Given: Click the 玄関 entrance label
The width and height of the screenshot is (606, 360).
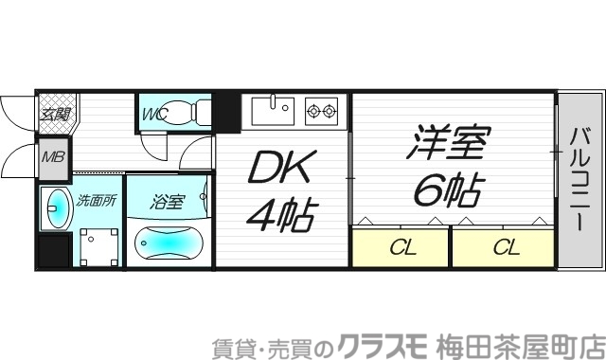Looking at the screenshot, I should click(x=54, y=115).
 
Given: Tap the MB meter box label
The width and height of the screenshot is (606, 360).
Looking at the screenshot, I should click(x=52, y=155).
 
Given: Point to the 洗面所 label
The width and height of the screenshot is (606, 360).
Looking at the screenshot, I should click(x=96, y=201).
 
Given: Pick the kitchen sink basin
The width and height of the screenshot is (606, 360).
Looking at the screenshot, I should click(x=274, y=112).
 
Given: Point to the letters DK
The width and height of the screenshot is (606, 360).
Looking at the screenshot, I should click(x=281, y=171).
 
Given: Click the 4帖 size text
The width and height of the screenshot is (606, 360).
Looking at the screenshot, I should click(x=281, y=215).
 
